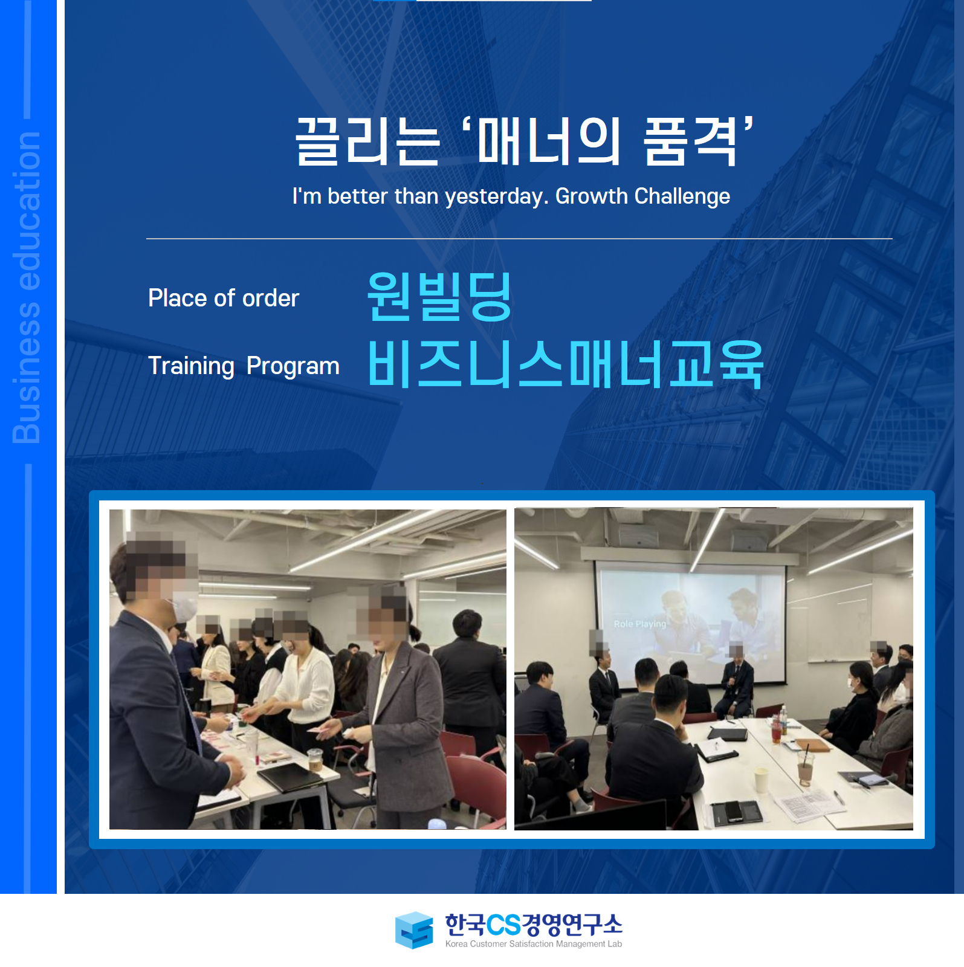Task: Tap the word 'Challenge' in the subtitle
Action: tap(682, 196)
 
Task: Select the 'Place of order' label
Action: tap(224, 298)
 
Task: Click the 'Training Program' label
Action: tap(244, 366)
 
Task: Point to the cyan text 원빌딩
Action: tap(440, 296)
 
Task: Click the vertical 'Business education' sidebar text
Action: tap(27, 287)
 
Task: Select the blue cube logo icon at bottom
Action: tap(414, 930)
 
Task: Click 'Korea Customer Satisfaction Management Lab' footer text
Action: tap(533, 943)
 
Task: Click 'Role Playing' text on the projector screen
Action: tap(639, 624)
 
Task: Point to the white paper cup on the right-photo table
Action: tap(762, 780)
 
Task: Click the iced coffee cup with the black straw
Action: tap(805, 768)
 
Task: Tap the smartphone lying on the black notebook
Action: tap(734, 810)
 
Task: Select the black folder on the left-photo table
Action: tap(290, 776)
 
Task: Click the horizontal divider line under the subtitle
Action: tap(519, 239)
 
